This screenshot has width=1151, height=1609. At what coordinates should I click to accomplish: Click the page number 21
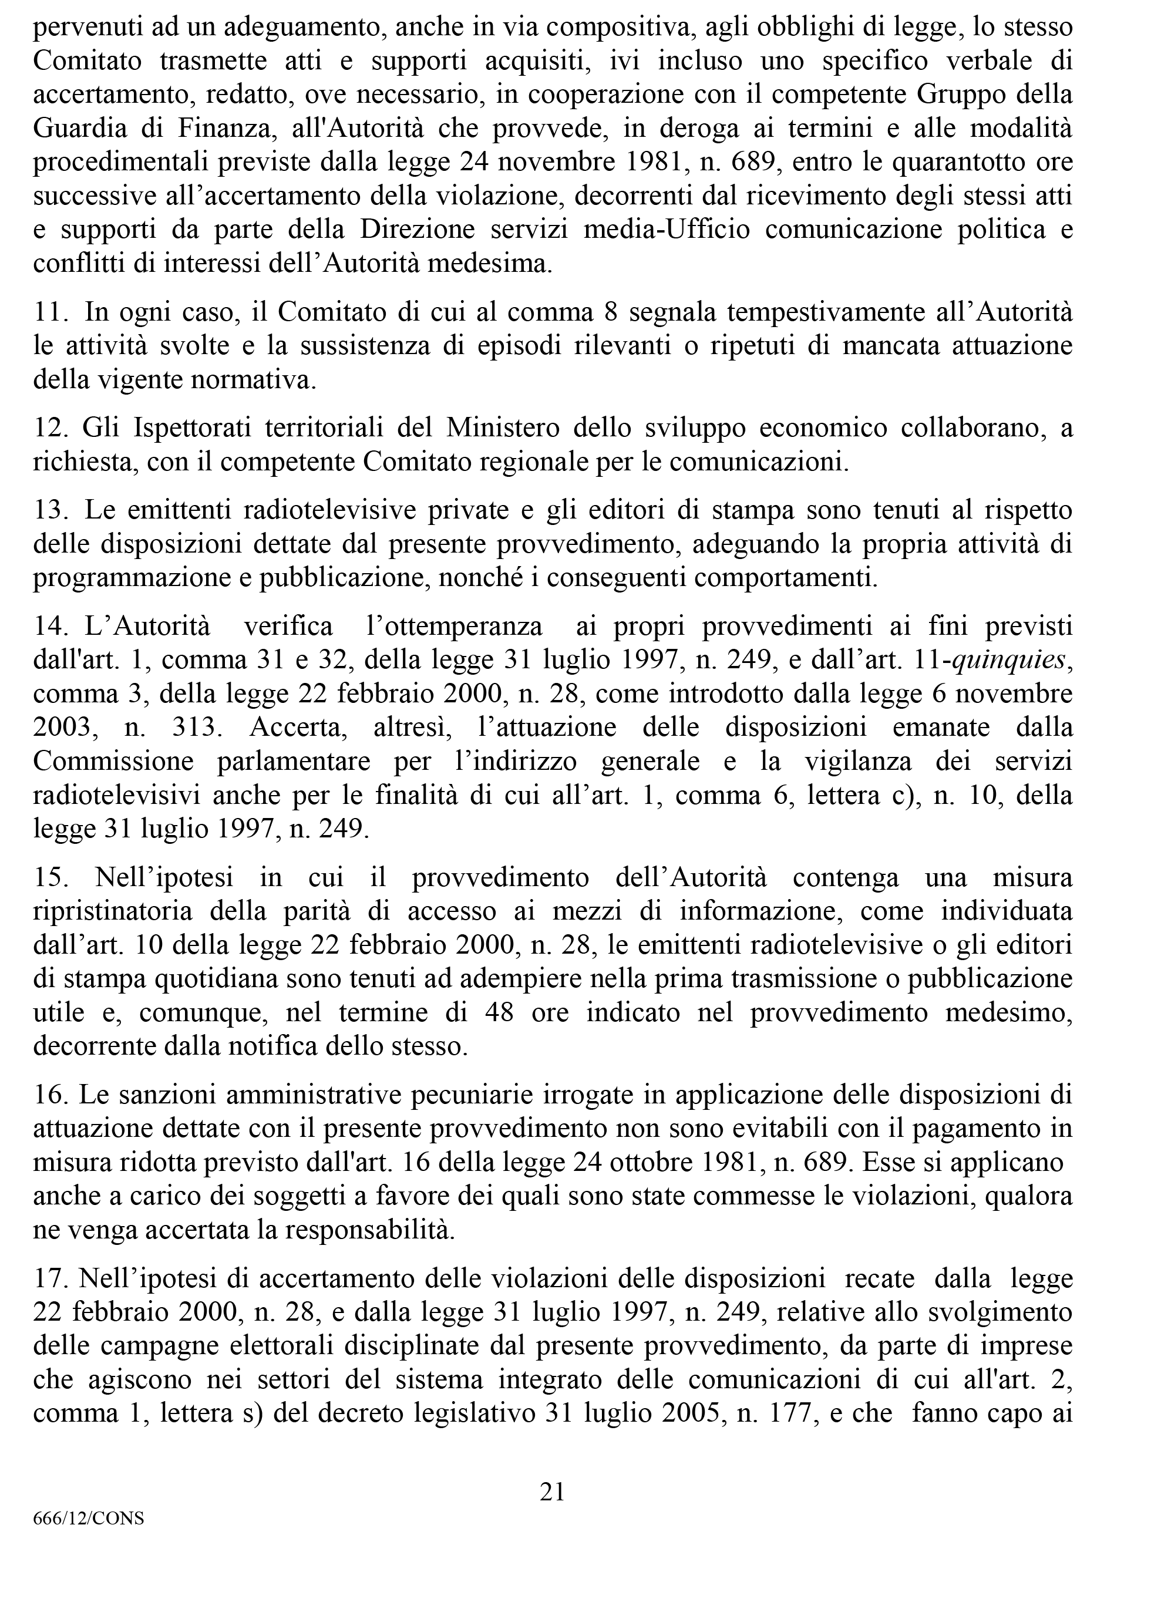pos(552,1492)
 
